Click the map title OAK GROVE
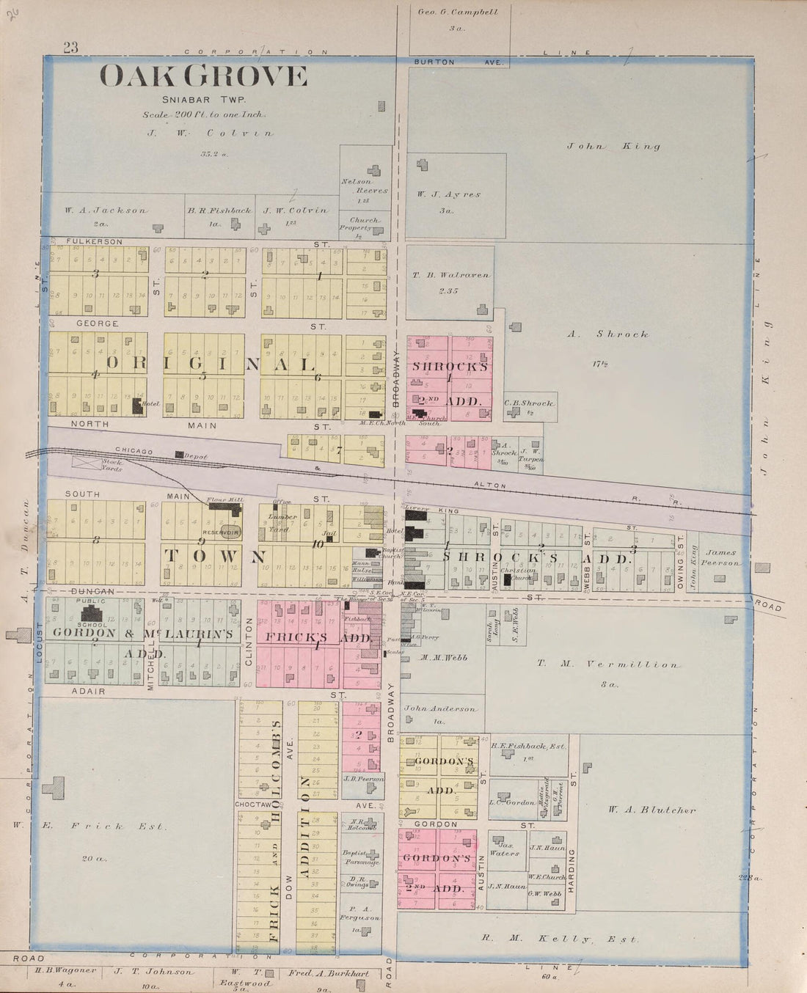[203, 76]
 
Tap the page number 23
[70, 48]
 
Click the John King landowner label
[613, 146]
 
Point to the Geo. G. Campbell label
[458, 12]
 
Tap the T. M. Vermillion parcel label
[607, 664]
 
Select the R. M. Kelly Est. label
[560, 938]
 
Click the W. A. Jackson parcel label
[106, 210]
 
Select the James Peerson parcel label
[724, 557]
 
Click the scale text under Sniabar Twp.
[204, 115]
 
